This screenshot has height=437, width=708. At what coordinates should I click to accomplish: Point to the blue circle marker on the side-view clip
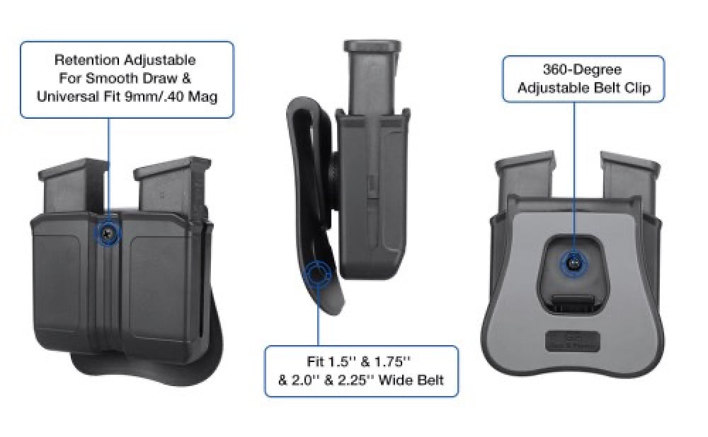(x=319, y=272)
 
